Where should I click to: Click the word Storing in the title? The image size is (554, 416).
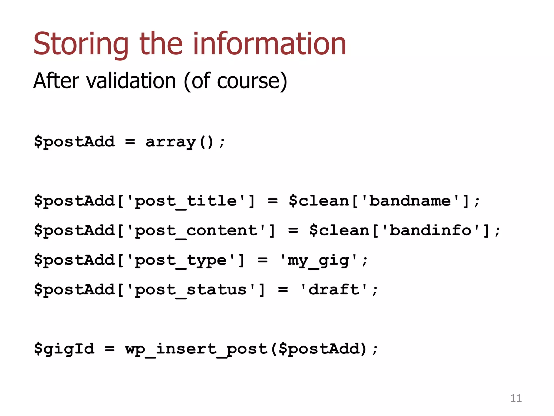81,44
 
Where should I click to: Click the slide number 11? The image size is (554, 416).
516,398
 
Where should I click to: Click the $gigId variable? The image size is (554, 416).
64,349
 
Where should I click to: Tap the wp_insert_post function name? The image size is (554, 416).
196,349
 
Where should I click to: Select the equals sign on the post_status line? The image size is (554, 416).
283,290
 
